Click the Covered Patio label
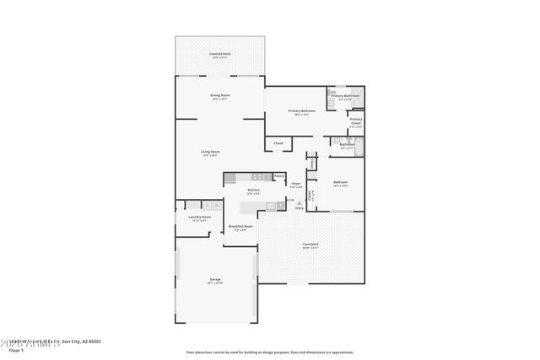pos(220,54)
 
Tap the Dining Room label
pos(220,95)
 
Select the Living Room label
pos(210,152)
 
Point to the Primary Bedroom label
pos(301,111)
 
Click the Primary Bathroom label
pos(344,96)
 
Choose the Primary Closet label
pos(355,121)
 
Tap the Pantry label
pos(278,175)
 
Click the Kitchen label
pos(253,191)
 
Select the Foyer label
pos(296,183)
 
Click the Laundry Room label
pos(199,218)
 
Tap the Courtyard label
pos(310,245)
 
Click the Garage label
pos(215,279)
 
